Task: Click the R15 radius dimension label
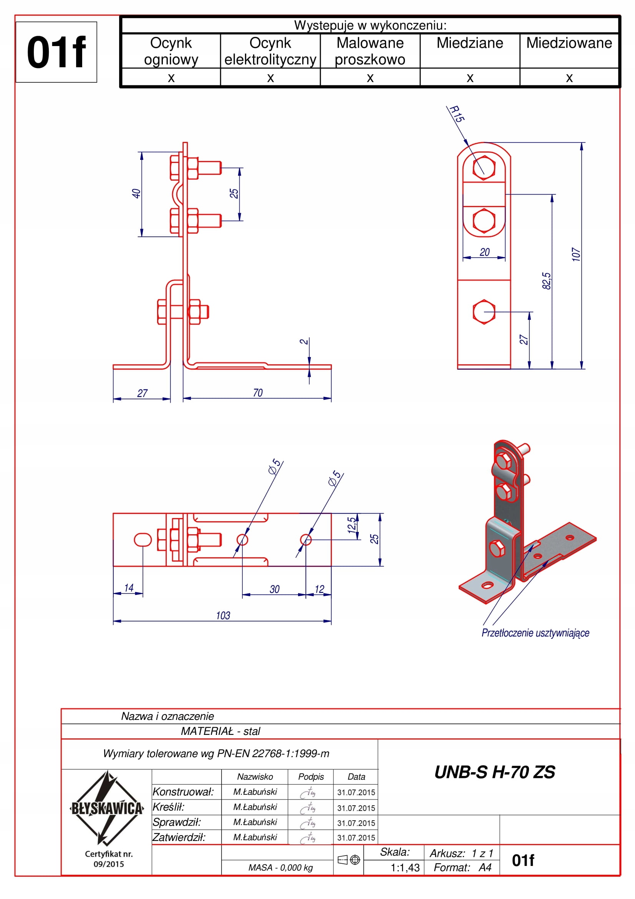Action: pos(457,113)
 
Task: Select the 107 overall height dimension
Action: pos(575,254)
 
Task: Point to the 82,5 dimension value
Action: pos(546,281)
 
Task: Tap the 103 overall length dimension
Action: pos(223,615)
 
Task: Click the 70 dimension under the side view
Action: pos(258,393)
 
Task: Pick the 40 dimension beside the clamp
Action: pos(136,193)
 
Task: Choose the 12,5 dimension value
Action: pos(352,525)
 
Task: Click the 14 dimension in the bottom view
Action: pos(129,588)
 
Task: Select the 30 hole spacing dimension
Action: pos(275,589)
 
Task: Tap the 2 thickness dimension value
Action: pos(303,342)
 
